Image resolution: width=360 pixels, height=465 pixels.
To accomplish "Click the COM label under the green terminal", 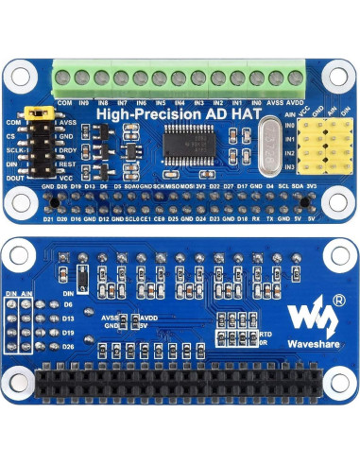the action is [x=65, y=101].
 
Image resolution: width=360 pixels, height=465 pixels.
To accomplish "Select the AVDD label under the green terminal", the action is [x=294, y=101].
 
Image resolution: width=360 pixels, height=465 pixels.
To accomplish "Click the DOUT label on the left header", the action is [x=15, y=177].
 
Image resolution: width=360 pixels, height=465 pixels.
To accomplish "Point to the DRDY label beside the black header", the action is [x=66, y=149].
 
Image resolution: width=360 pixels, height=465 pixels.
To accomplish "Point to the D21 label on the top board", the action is [x=48, y=218].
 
